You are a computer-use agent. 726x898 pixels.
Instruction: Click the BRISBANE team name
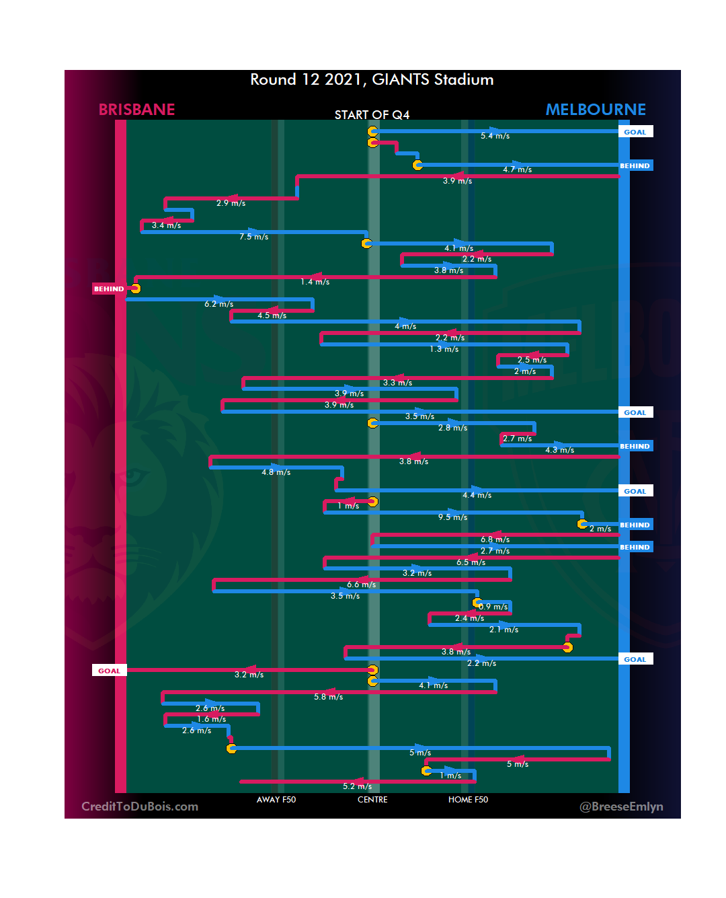point(136,110)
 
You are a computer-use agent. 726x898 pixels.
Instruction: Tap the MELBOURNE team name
point(596,110)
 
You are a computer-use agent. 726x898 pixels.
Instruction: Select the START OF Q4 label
point(372,115)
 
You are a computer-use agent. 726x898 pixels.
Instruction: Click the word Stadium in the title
point(463,79)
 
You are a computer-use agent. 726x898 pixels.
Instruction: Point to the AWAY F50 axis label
point(276,800)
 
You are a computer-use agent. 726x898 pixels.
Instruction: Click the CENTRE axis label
point(372,800)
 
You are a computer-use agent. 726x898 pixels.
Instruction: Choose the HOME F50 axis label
point(468,800)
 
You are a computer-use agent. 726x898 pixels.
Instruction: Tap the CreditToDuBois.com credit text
point(140,807)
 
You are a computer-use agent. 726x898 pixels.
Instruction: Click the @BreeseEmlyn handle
point(621,807)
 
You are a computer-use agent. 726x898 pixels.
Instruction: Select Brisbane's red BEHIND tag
point(109,289)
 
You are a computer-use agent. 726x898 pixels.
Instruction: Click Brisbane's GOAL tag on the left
point(109,671)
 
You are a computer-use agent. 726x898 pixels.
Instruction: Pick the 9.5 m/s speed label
point(452,517)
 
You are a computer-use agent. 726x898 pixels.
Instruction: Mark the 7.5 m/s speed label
point(253,237)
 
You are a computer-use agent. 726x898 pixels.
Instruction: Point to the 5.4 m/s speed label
point(495,136)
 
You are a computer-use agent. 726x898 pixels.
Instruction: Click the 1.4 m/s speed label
point(315,282)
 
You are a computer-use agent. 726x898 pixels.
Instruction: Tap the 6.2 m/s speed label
point(218,304)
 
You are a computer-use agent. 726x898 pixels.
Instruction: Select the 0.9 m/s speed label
point(493,607)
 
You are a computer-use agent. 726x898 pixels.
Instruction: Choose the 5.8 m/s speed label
point(328,697)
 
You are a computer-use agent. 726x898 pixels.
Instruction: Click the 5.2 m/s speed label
point(357,786)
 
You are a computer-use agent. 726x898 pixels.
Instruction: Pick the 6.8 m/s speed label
point(495,539)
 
